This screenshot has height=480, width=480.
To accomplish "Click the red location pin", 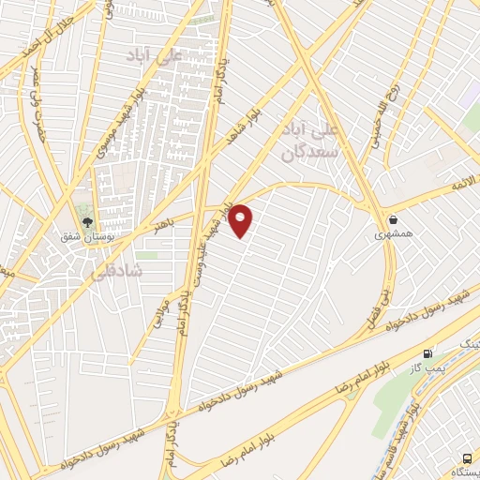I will pyautogui.click(x=241, y=219).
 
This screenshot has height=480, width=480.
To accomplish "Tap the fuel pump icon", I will pyautogui.click(x=428, y=353).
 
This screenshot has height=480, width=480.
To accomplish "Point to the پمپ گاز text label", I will pyautogui.click(x=427, y=367).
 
